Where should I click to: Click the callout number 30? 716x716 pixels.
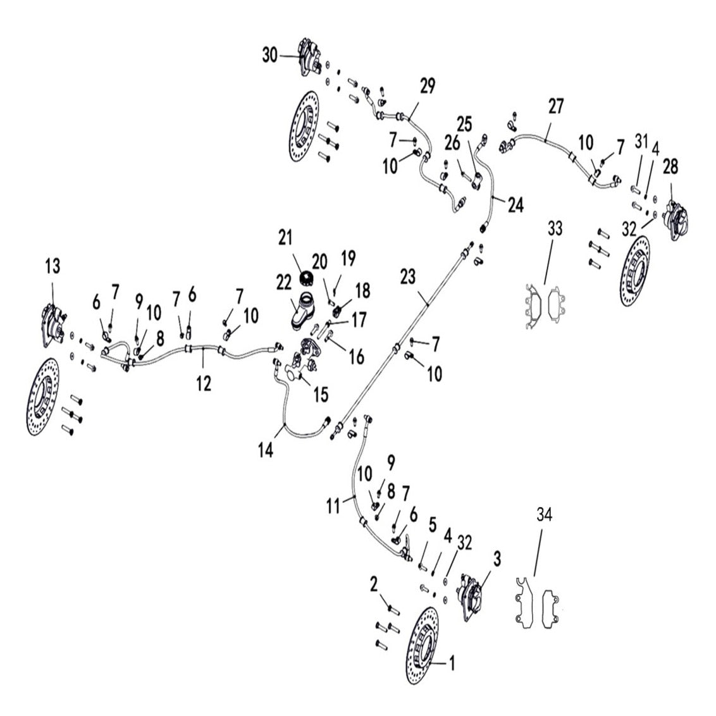coord(270,56)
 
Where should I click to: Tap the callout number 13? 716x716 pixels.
coord(52,266)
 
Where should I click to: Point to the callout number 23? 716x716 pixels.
coord(409,276)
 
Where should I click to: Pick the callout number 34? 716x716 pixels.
coord(544,515)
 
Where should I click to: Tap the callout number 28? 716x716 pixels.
coord(670,167)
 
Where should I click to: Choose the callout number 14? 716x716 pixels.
coord(266,450)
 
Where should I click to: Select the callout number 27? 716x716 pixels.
coord(555,106)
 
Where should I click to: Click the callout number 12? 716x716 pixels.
coord(204,383)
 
